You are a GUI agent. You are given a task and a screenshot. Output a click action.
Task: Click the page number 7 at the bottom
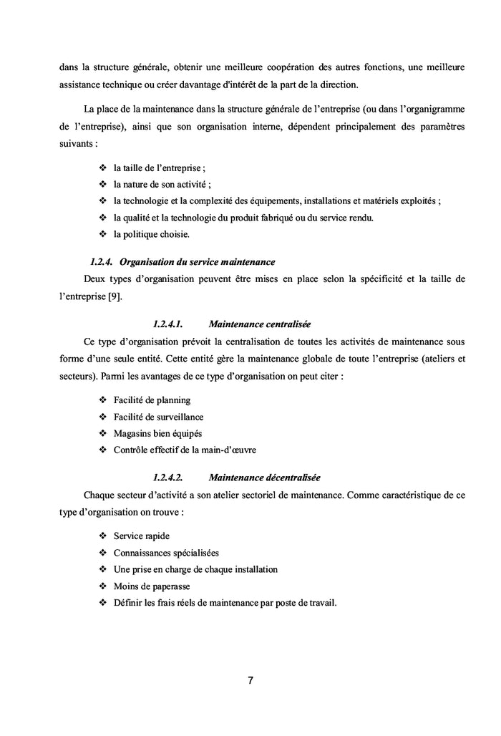pyautogui.click(x=250, y=680)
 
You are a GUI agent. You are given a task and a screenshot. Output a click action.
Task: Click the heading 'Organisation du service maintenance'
pyautogui.click(x=198, y=261)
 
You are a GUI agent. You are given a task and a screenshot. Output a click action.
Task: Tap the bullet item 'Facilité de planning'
pyautogui.click(x=152, y=400)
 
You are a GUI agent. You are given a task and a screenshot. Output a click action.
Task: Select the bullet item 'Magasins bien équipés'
pyautogui.click(x=157, y=433)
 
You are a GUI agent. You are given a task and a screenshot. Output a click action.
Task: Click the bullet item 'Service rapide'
pyautogui.click(x=142, y=536)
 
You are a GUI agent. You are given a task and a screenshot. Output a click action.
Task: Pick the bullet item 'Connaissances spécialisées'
pyautogui.click(x=166, y=553)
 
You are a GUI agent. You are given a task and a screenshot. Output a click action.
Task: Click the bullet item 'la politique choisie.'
pyautogui.click(x=152, y=233)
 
